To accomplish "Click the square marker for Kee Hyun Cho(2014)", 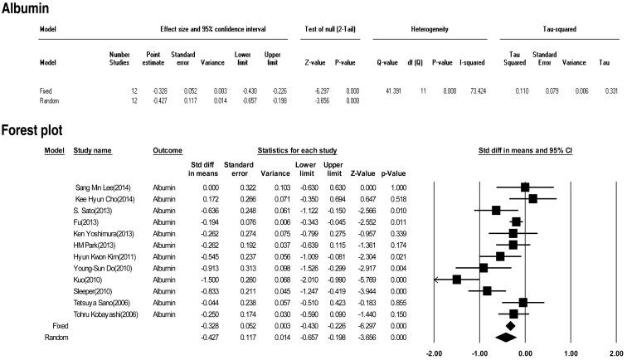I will [x=532, y=198].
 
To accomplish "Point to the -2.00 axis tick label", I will [x=433, y=353].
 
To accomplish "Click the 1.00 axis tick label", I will [x=570, y=353].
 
